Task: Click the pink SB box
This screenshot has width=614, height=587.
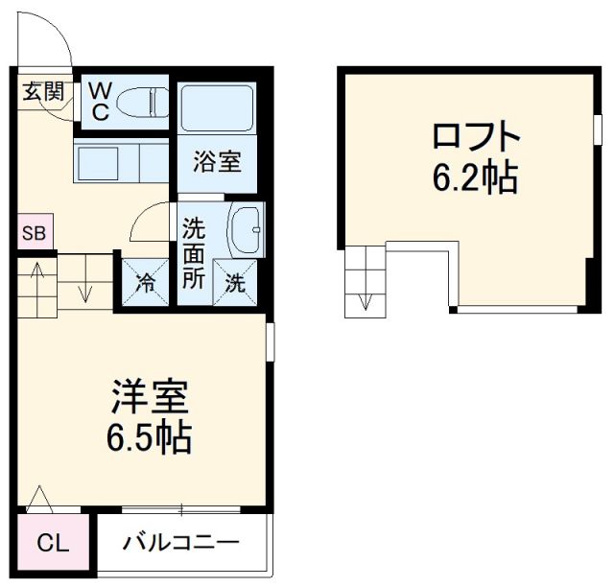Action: click(x=31, y=233)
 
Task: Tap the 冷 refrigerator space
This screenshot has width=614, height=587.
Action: click(x=145, y=284)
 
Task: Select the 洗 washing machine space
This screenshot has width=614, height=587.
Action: click(x=236, y=284)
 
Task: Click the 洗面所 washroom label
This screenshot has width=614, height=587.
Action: click(x=194, y=253)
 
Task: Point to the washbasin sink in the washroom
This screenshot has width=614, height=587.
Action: click(x=247, y=229)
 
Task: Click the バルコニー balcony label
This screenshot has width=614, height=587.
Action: click(x=180, y=545)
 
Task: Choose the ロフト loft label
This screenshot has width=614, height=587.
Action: click(x=476, y=138)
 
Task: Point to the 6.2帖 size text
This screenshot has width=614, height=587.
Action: click(x=476, y=177)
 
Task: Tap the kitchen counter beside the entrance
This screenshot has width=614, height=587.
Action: click(x=122, y=161)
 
